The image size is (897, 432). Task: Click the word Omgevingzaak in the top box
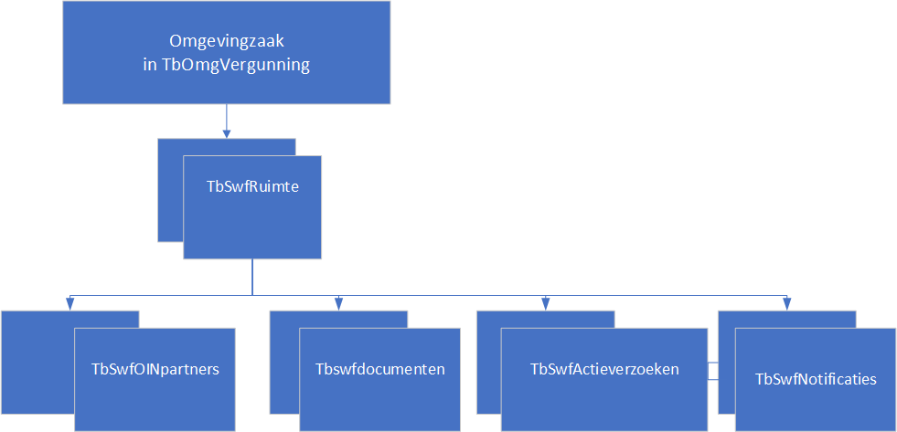(x=227, y=42)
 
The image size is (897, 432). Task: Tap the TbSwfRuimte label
(x=252, y=187)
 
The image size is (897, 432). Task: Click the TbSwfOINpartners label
(x=155, y=369)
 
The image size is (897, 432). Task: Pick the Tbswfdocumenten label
(x=379, y=369)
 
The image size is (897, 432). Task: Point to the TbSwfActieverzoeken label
(x=605, y=369)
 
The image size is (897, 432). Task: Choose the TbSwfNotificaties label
(x=816, y=379)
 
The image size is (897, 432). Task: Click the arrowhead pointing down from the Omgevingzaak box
(x=227, y=133)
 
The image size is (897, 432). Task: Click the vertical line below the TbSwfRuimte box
(x=252, y=277)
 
